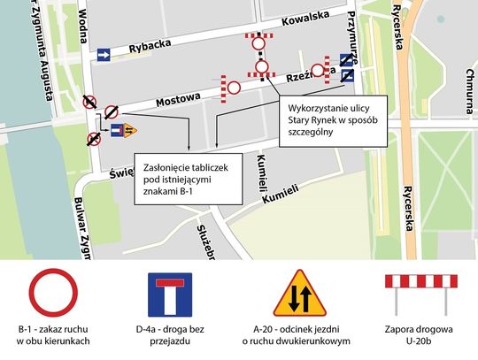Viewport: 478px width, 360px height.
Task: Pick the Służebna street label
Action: coord(211,241)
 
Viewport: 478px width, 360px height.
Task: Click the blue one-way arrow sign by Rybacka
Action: coord(103,56)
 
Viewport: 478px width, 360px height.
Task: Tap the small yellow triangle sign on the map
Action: coord(128,132)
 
